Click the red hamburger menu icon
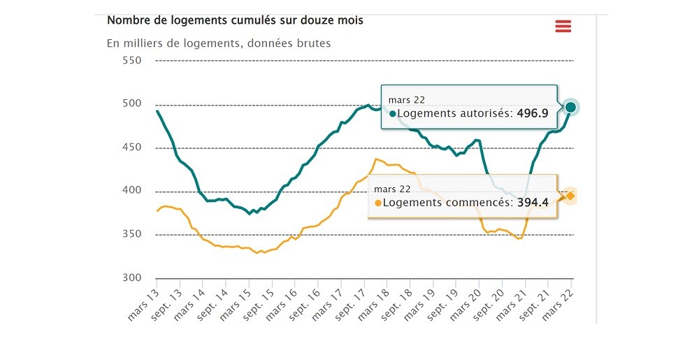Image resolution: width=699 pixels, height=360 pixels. pyautogui.click(x=563, y=27)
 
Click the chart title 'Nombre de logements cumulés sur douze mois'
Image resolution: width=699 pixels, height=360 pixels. pyautogui.click(x=235, y=20)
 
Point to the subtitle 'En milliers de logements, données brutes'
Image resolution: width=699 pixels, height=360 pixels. pyautogui.click(x=218, y=43)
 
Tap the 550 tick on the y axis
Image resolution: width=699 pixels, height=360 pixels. pyautogui.click(x=131, y=61)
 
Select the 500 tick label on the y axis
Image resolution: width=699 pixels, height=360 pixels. pyautogui.click(x=131, y=104)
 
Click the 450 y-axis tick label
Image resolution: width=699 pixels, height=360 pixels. pyautogui.click(x=131, y=147)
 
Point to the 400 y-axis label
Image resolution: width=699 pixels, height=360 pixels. pyautogui.click(x=131, y=191)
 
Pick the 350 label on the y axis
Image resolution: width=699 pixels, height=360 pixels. pyautogui.click(x=131, y=234)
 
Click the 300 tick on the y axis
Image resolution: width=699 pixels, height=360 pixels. pyautogui.click(x=131, y=278)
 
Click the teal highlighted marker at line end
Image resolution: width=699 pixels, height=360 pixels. pyautogui.click(x=570, y=107)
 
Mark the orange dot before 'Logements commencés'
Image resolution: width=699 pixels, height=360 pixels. pyautogui.click(x=379, y=203)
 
